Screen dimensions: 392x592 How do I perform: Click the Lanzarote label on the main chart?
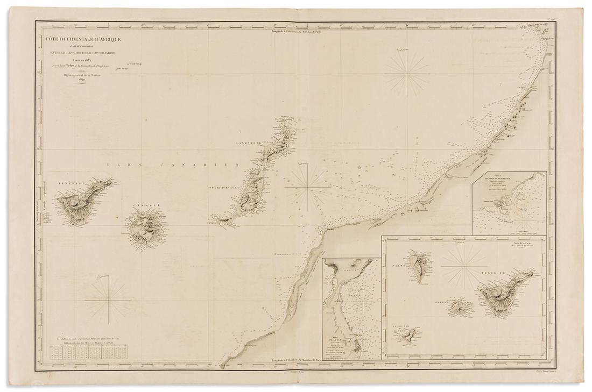247,144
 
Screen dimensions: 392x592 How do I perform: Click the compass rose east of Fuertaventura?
308,188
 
